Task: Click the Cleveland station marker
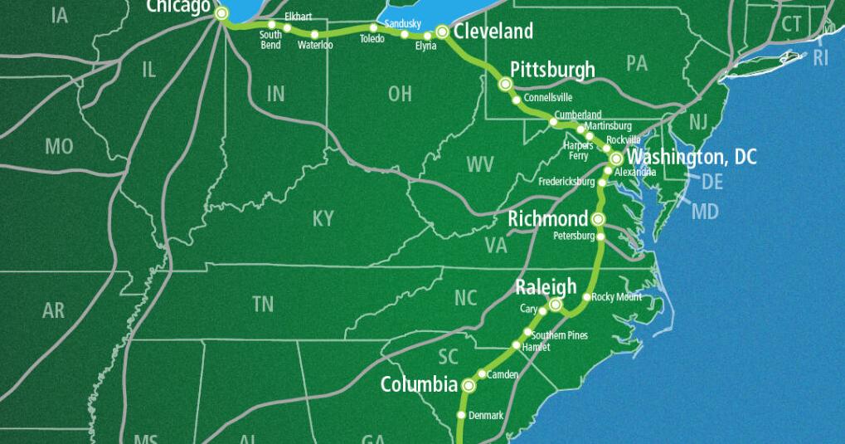tap(442, 32)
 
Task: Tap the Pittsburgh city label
tap(552, 68)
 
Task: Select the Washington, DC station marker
tap(616, 158)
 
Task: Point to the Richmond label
tap(547, 219)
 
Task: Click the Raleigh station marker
tap(556, 305)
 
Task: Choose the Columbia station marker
tap(469, 385)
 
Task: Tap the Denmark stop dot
tap(462, 415)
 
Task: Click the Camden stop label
tap(503, 375)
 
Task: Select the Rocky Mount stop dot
tap(586, 297)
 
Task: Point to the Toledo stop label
tap(372, 38)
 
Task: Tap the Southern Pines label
tap(560, 334)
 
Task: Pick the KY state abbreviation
tap(323, 218)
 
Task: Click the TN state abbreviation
tap(263, 305)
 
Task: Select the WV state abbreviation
tap(480, 163)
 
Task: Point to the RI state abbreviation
tap(820, 57)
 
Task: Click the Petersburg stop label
tap(573, 236)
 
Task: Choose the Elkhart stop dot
tap(287, 28)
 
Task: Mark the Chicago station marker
tap(221, 13)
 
